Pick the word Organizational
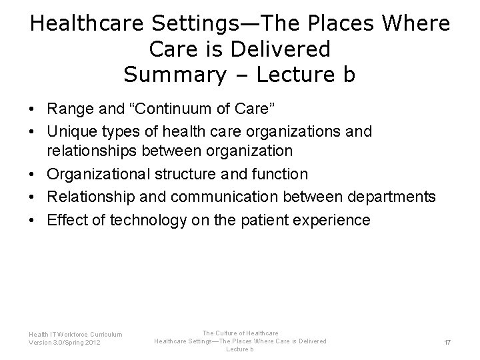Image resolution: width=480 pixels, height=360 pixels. (x=97, y=175)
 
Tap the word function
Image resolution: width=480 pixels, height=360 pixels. (x=279, y=175)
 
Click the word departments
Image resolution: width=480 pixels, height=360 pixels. (x=395, y=197)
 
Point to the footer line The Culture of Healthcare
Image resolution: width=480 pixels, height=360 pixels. (x=240, y=333)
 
